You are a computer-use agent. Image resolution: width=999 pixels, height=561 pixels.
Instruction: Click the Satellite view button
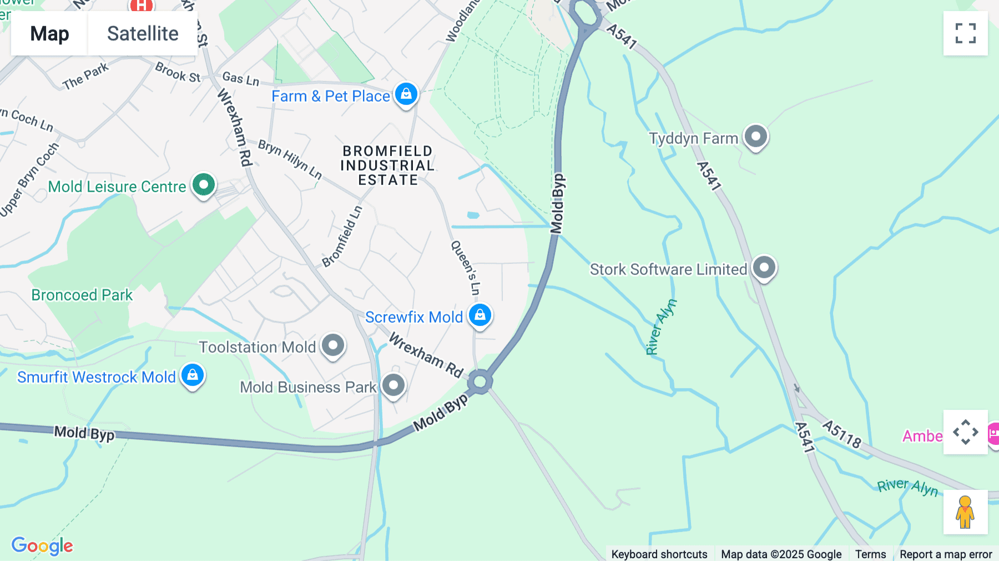143,33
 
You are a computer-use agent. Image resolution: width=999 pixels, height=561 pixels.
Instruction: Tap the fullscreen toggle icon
965,33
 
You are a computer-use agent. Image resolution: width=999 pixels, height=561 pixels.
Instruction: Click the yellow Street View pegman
965,512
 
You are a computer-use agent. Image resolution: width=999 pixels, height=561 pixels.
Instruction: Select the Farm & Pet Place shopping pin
406,94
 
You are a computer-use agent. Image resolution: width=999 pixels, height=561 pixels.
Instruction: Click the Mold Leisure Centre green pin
204,184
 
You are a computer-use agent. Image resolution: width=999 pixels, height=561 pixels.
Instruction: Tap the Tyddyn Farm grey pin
755,136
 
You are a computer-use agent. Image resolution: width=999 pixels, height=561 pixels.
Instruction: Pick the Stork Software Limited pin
764,268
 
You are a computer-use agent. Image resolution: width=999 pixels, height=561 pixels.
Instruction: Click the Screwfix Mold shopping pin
480,315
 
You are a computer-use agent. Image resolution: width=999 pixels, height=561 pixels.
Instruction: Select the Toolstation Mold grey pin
333,345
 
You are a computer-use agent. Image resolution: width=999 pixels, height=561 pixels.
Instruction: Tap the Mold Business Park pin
393,385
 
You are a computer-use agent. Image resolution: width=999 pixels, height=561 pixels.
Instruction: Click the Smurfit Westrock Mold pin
193,375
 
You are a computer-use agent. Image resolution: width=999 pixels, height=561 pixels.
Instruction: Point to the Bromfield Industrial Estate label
387,166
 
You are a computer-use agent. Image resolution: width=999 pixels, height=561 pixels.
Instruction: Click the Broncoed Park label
82,295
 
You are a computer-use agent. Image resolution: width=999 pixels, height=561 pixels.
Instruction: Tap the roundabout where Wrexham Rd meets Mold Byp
480,382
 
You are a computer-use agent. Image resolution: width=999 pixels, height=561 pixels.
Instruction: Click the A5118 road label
841,434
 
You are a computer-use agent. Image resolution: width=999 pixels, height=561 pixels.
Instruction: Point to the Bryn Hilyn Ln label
290,159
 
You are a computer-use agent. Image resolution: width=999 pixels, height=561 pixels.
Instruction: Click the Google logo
42,545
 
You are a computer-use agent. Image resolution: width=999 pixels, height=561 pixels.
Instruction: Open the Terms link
870,554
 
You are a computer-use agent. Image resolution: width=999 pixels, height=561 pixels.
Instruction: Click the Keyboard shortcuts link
659,554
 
